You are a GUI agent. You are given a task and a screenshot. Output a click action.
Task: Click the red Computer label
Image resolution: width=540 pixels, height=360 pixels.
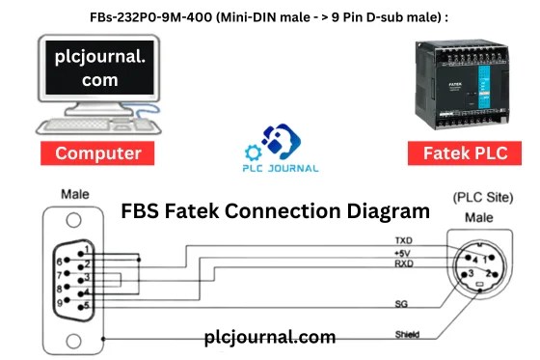pos(98,153)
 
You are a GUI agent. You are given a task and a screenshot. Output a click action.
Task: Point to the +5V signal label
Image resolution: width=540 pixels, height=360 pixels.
pos(403,251)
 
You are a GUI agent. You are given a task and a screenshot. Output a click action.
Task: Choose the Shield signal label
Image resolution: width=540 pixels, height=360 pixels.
pos(406,335)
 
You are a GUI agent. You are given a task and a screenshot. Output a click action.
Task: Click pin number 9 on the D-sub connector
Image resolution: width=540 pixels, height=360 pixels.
pos(60,300)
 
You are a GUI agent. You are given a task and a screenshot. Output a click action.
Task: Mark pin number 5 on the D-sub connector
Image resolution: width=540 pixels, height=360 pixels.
pos(88,307)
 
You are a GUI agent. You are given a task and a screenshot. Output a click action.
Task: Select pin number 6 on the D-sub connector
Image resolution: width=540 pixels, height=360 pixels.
pos(60,261)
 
